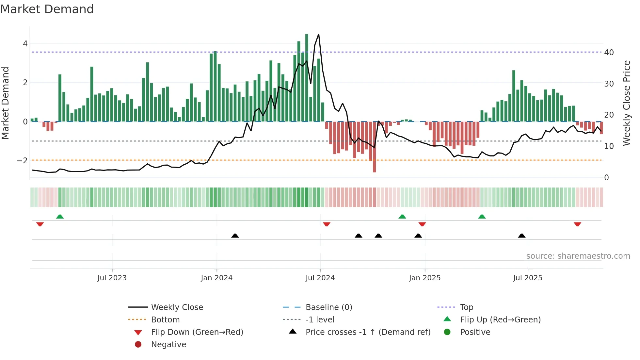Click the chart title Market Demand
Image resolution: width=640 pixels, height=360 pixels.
(47, 9)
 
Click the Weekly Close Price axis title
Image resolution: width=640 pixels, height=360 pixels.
(626, 103)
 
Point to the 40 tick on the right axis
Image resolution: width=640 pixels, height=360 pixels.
(609, 52)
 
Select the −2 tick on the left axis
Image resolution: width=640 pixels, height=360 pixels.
(22, 160)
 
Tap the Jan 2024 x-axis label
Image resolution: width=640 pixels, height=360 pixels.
(216, 278)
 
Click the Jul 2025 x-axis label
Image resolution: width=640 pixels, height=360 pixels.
(527, 278)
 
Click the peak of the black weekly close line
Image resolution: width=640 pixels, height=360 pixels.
(318, 34)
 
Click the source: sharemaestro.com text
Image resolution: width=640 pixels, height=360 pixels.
(578, 256)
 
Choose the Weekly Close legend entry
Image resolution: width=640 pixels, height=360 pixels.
(177, 307)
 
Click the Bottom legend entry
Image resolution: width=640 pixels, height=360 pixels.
(165, 320)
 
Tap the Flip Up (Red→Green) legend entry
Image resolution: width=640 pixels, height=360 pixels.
(500, 320)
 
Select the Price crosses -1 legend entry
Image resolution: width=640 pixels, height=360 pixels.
(368, 332)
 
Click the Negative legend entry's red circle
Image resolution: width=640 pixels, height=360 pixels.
(138, 345)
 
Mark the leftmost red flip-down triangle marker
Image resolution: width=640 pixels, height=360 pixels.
(40, 224)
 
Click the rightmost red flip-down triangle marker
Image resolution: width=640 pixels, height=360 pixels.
(577, 224)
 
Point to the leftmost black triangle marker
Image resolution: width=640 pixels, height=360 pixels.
(235, 236)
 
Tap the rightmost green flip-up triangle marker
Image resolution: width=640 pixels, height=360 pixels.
(482, 217)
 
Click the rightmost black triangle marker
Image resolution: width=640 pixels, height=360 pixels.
(521, 236)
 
